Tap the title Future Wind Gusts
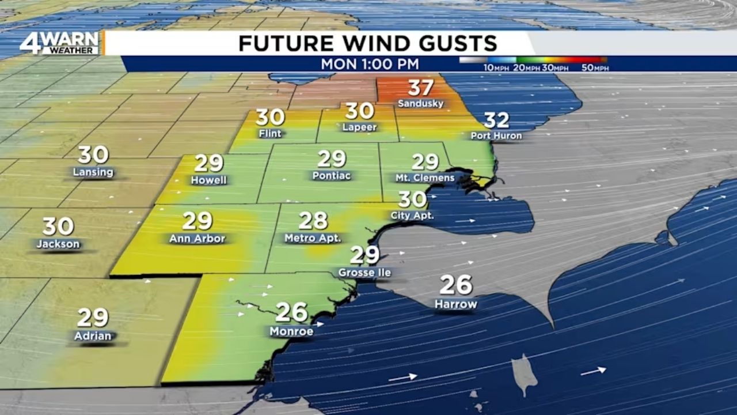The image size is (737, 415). click(x=367, y=43)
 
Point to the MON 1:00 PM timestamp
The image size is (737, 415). click(x=370, y=64)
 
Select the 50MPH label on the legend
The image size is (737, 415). click(x=595, y=68)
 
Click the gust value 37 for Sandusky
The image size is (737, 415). click(x=421, y=88)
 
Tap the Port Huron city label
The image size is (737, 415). click(x=496, y=136)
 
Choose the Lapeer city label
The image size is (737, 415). click(x=360, y=127)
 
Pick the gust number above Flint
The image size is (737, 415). click(x=270, y=118)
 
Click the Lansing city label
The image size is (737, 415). click(x=93, y=172)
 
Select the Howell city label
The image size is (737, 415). click(x=208, y=180)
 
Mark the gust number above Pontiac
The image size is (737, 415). click(x=332, y=159)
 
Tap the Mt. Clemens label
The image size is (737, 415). click(x=425, y=178)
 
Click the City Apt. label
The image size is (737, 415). click(x=412, y=216)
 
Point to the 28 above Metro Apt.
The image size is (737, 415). click(x=313, y=220)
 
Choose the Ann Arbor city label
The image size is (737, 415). click(x=197, y=239)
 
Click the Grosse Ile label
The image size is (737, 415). click(x=364, y=272)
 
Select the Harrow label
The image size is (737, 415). click(x=455, y=304)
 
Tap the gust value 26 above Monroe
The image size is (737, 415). click(x=292, y=312)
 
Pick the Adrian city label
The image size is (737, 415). click(x=93, y=335)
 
